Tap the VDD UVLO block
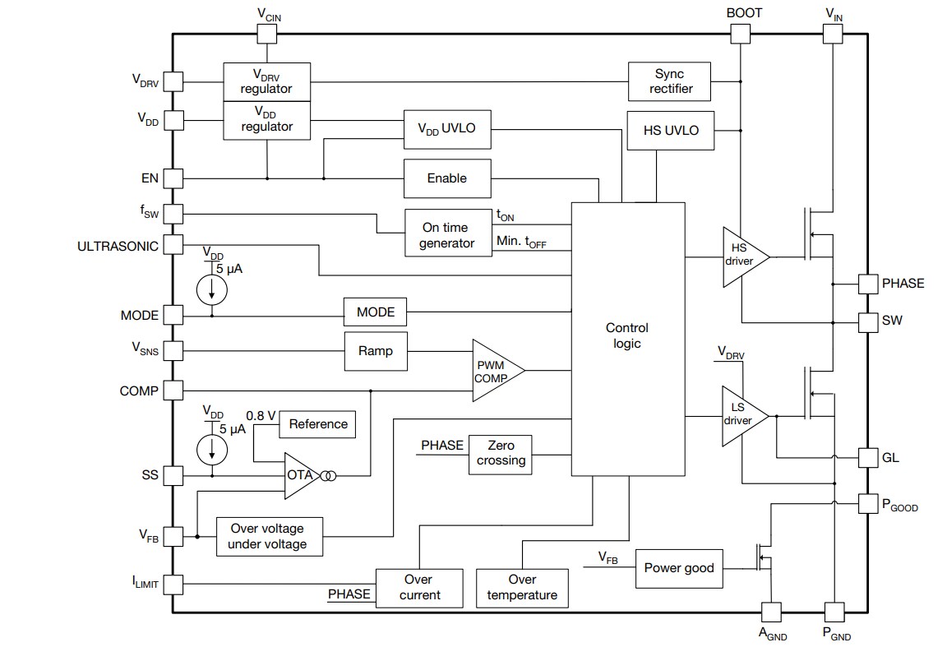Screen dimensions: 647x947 446,130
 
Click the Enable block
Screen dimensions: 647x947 446,178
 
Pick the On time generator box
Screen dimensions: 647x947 447,234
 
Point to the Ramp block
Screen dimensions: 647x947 375,351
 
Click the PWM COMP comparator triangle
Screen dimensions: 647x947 493,371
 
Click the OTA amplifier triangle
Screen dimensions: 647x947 300,476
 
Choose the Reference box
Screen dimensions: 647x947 318,424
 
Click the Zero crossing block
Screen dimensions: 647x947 501,454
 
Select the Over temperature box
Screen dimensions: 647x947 521,588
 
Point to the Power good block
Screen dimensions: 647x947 679,568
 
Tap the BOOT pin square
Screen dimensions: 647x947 741,34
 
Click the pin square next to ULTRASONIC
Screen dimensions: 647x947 173,244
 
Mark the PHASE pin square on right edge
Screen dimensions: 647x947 868,284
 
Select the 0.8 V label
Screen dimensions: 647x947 261,415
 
